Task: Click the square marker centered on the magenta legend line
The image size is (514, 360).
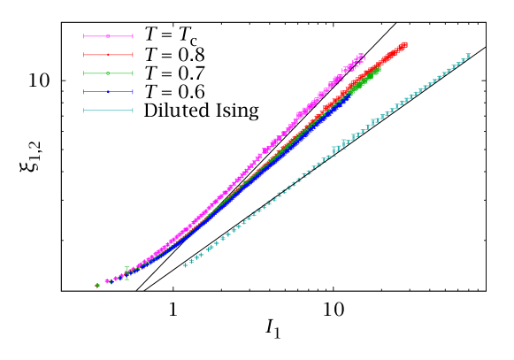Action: (108, 36)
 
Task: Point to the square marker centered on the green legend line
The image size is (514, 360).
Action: (108, 73)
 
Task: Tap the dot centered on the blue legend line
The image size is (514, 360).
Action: (108, 92)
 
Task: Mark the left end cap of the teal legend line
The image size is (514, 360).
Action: (84, 111)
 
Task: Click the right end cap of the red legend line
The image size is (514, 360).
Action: (133, 55)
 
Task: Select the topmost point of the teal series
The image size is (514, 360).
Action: (468, 56)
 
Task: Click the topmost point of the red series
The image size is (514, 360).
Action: (405, 43)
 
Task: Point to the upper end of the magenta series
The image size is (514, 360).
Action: (363, 56)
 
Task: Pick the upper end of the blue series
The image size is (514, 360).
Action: (349, 95)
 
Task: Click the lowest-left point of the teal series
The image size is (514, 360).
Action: (185, 264)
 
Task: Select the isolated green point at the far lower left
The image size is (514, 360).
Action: (97, 285)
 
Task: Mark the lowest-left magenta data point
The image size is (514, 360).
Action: (106, 281)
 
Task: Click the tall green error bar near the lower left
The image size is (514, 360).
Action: (127, 273)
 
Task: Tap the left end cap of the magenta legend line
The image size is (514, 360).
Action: (84, 36)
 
